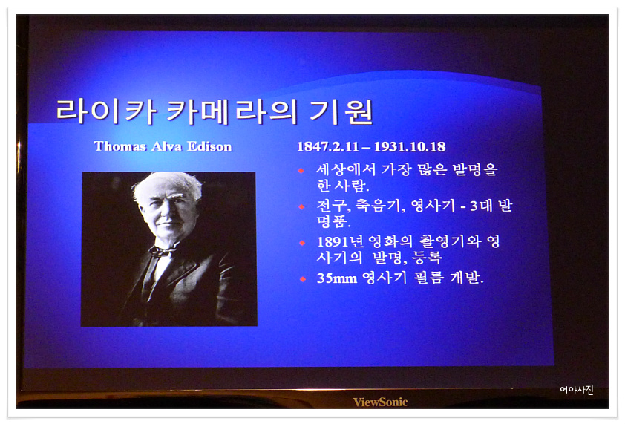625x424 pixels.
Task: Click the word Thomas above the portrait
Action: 120,146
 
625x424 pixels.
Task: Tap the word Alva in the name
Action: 166,146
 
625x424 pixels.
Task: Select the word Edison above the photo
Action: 209,146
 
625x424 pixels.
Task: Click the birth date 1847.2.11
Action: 328,147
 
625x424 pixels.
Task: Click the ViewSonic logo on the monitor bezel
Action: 380,402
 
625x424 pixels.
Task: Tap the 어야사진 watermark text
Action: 577,389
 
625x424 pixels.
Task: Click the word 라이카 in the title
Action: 106,111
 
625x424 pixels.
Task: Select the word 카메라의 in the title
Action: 232,111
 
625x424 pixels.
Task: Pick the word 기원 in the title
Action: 341,111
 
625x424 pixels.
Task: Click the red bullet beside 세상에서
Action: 301,171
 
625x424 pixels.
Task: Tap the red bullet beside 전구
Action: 302,206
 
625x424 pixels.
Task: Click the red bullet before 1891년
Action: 302,243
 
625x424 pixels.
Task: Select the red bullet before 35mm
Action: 303,278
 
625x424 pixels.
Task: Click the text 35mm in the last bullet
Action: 337,278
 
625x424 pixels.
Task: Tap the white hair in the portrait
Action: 168,186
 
